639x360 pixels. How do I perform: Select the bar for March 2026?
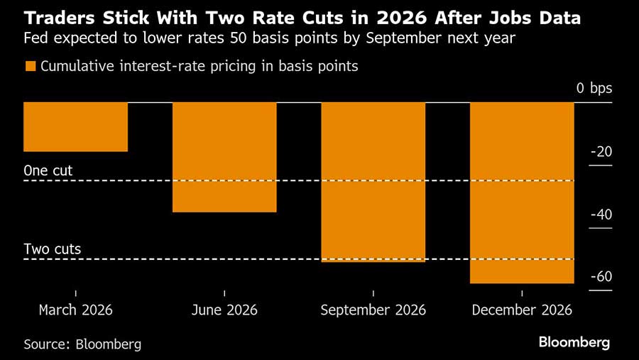(x=75, y=127)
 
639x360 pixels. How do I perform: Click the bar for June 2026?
(x=224, y=157)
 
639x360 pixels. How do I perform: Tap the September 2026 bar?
(x=373, y=182)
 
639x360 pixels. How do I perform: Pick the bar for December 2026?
(x=522, y=192)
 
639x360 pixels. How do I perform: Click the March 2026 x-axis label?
(x=75, y=310)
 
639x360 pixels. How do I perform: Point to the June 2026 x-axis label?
(x=224, y=310)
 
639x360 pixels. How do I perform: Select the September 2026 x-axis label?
(x=373, y=310)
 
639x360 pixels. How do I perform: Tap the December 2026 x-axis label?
(x=522, y=310)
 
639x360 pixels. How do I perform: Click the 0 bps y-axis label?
(x=594, y=89)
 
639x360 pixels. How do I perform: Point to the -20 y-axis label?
(x=601, y=152)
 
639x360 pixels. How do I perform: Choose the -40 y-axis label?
(x=601, y=215)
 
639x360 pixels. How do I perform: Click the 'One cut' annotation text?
(x=48, y=170)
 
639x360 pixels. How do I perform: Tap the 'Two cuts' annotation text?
(x=53, y=249)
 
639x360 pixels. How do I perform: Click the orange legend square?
(x=30, y=66)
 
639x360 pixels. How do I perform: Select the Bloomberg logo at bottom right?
(x=574, y=342)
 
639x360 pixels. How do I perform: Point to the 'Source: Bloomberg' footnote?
(x=82, y=344)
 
